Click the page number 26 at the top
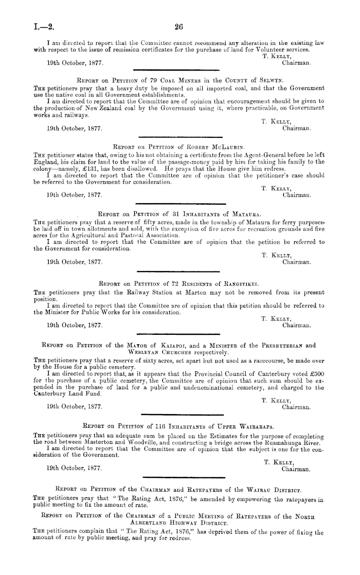pyautogui.click(x=179, y=27)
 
